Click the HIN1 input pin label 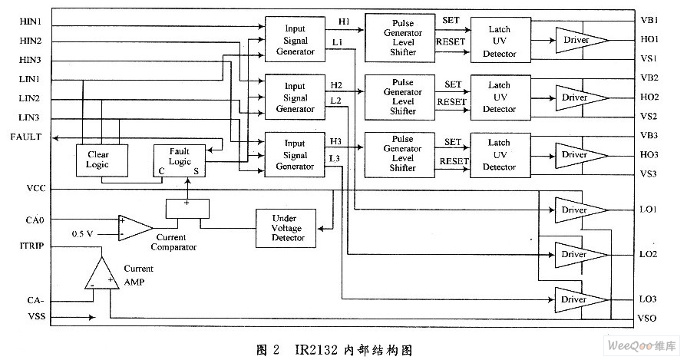31,21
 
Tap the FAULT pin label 26,137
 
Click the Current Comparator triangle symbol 134,227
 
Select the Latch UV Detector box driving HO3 499,154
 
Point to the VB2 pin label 649,78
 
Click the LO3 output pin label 649,298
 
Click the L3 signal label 335,159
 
